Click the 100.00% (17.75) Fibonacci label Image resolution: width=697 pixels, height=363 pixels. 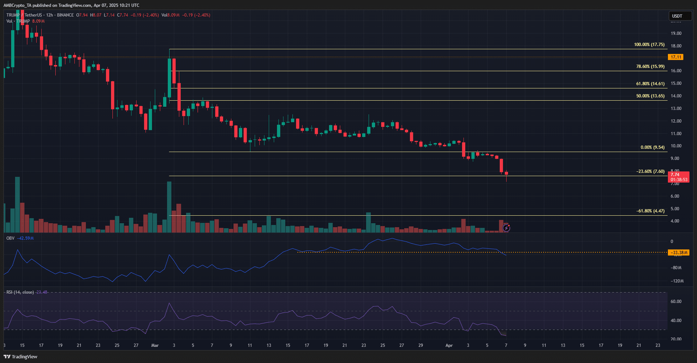[649, 44]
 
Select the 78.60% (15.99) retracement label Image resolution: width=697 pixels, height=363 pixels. [650, 67]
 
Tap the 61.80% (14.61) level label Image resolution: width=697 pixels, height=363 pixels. [650, 84]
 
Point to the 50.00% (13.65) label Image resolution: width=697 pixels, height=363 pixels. [650, 96]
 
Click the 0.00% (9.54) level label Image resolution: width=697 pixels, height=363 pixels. [652, 147]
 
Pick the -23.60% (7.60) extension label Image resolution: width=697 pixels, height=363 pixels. [650, 171]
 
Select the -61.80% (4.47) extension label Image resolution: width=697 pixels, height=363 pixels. [650, 211]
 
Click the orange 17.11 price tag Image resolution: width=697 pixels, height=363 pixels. [676, 57]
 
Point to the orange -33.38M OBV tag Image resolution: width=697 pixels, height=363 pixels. [679, 252]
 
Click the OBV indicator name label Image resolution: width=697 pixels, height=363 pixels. [10, 238]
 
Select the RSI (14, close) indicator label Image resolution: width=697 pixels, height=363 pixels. [20, 292]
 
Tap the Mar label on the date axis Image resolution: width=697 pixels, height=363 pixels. [155, 346]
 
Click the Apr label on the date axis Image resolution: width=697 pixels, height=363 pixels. [449, 346]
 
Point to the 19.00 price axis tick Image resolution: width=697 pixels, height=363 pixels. [676, 33]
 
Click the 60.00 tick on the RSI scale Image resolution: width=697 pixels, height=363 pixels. [676, 302]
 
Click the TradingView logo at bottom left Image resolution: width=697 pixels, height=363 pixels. [20, 356]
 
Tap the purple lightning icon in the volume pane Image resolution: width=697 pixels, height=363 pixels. [506, 227]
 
